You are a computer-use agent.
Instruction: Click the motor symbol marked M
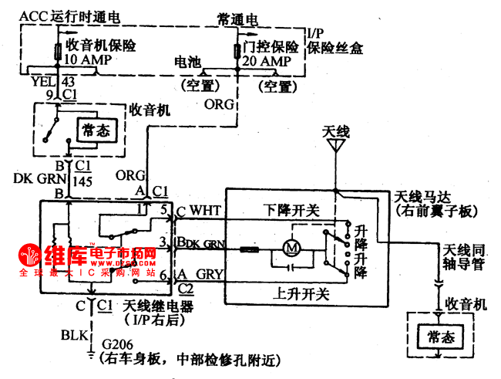pos(291,248)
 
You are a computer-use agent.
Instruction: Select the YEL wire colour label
pos(41,80)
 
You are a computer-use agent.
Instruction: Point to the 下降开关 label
pos(291,209)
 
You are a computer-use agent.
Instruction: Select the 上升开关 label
pos(291,293)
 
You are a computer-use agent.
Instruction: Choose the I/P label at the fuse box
pos(314,34)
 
